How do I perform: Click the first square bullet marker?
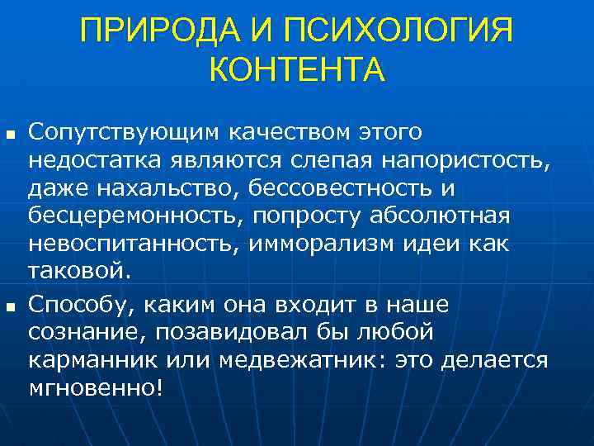point(10,133)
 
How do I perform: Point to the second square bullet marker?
point(10,307)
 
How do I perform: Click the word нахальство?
point(168,188)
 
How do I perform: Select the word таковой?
point(78,272)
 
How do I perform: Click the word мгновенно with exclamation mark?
point(96,389)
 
